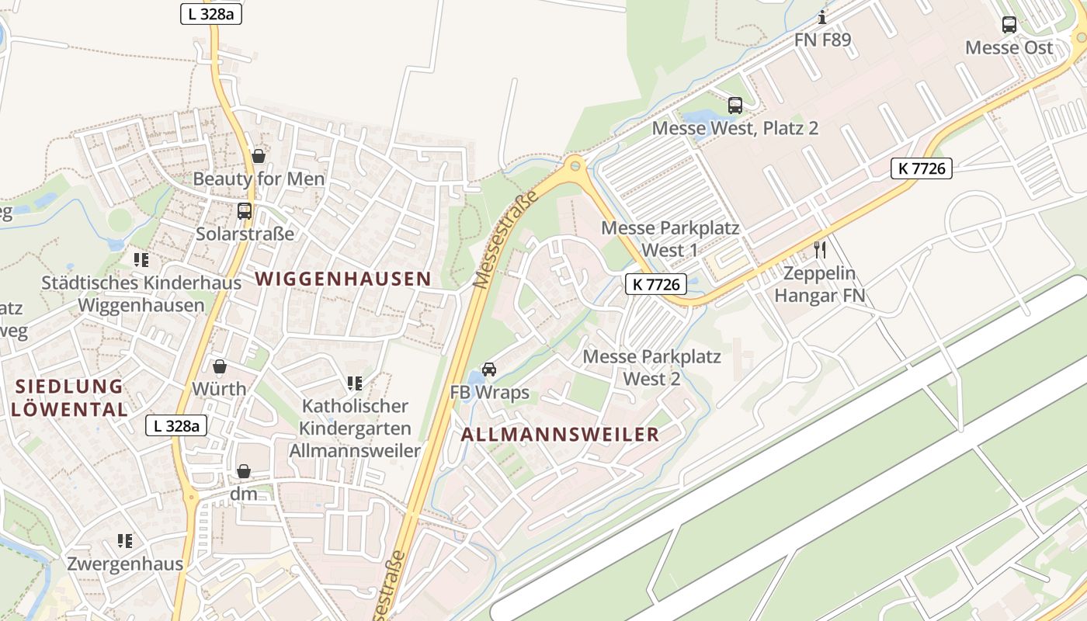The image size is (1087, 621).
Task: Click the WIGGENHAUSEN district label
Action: point(343,279)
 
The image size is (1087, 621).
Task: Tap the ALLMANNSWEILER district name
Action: point(560,435)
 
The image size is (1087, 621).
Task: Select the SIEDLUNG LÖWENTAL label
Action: point(70,397)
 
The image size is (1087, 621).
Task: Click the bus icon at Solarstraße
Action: point(245,210)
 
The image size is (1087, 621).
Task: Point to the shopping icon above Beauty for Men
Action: point(259,156)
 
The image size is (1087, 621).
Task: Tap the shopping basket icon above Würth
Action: point(220,366)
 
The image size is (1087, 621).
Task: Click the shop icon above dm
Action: point(244,471)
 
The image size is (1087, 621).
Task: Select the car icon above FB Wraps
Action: point(489,369)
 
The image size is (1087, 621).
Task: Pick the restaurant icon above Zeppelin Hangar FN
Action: point(819,250)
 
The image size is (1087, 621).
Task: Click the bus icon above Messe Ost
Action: point(1009,25)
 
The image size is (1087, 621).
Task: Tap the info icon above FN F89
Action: point(822,17)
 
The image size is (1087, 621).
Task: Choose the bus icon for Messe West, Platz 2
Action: point(735,106)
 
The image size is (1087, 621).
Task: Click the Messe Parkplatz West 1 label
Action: point(670,239)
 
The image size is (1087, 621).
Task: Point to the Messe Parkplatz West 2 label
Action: point(651,368)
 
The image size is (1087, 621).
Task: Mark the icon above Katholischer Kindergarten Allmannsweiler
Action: point(355,383)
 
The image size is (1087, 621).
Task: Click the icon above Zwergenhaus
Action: point(124,540)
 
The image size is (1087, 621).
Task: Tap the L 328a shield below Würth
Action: point(176,425)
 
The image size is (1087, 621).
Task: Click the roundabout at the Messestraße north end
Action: point(574,165)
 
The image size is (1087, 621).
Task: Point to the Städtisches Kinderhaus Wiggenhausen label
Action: point(141,293)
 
